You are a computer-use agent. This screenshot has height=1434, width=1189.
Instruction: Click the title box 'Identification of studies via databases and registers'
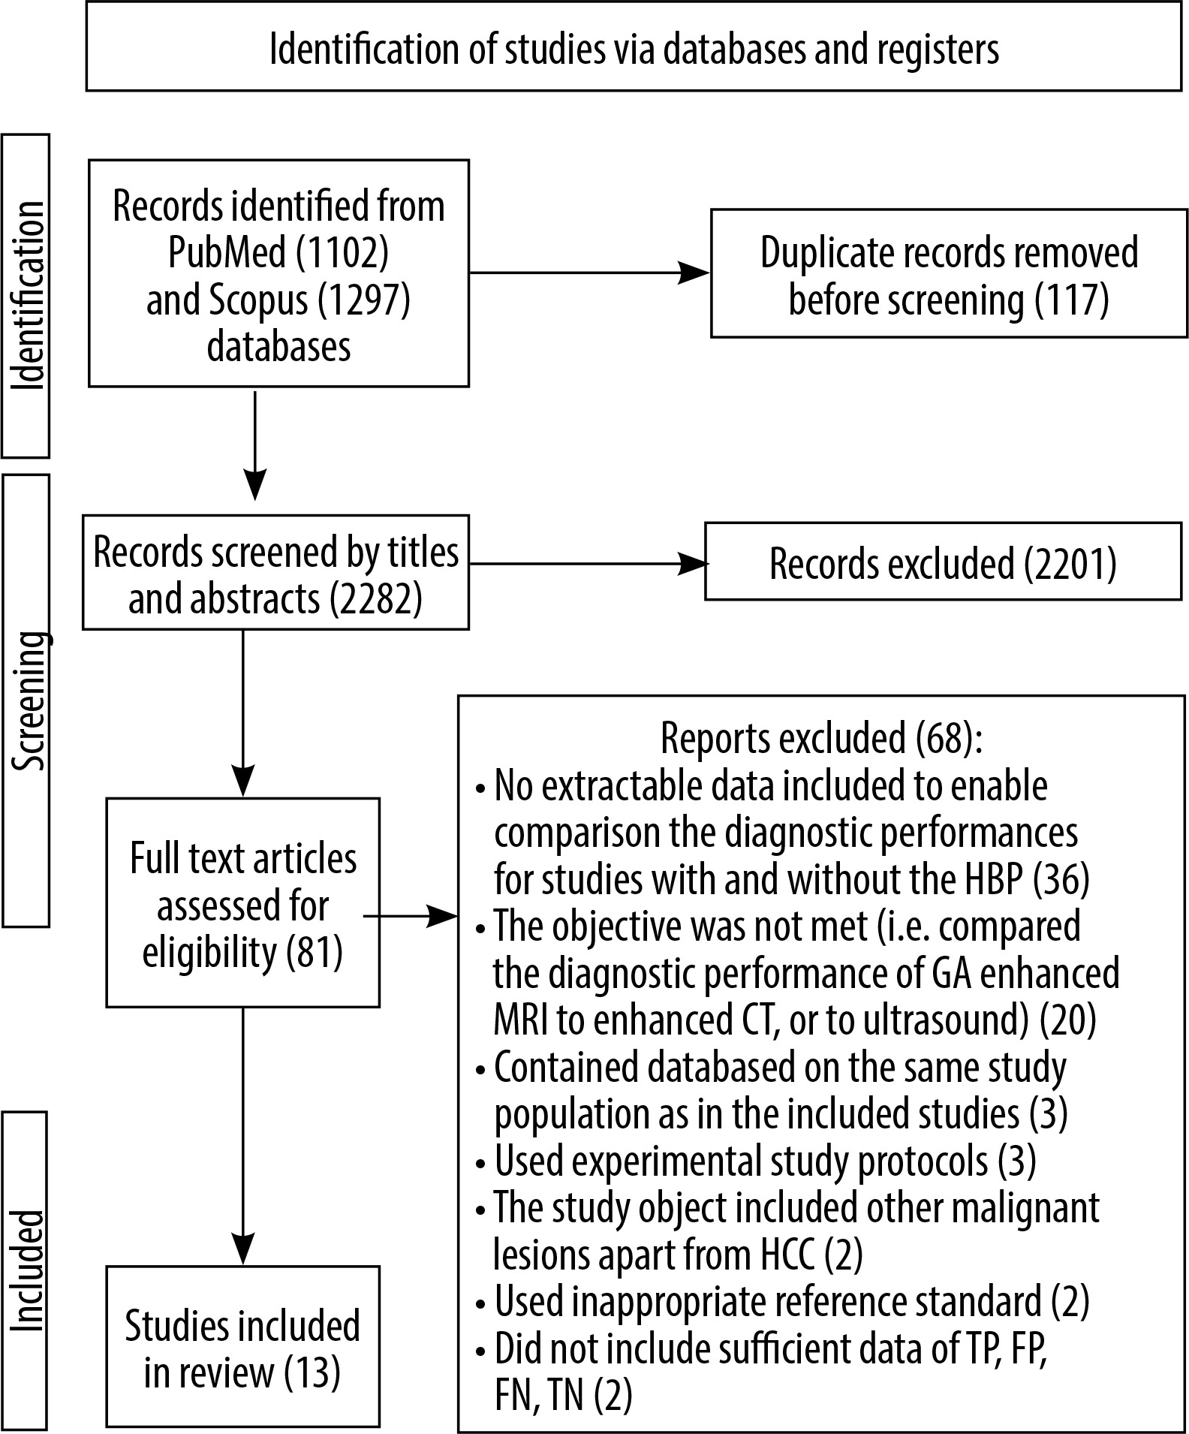coord(634,47)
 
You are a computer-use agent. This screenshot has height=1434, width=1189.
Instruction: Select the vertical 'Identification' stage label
coord(26,296)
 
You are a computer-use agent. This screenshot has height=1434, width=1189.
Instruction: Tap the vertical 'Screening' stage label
coord(26,700)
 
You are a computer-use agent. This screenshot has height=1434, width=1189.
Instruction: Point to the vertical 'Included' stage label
coord(26,1269)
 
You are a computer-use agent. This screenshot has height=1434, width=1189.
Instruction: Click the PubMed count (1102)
coord(342,252)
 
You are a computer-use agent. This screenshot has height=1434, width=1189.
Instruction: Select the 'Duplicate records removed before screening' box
coord(950,273)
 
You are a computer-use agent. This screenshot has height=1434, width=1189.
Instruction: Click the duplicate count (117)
coord(1072,300)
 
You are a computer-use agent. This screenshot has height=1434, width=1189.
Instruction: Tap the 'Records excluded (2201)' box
coord(944,562)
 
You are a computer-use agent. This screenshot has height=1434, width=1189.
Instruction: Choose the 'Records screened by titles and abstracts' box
coord(275,572)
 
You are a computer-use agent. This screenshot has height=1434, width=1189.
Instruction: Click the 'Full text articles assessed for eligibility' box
coord(242,902)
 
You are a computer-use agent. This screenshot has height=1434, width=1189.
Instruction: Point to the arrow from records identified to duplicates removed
coord(589,273)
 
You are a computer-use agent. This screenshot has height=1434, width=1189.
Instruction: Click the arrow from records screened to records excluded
coord(587,565)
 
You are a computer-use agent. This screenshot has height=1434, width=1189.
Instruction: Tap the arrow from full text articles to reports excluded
coord(411,916)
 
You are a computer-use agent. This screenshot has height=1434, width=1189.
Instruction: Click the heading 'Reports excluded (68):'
coord(821,738)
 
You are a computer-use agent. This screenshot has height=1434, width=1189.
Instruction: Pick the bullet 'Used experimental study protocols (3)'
coord(756,1160)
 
